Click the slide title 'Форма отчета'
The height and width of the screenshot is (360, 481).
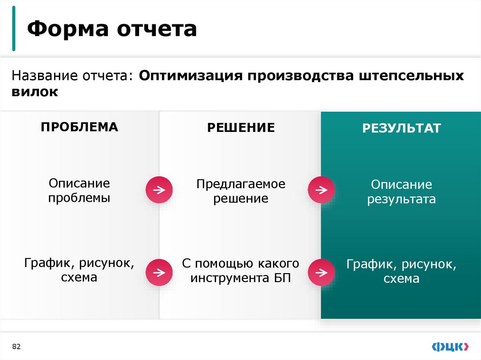pyautogui.click(x=112, y=29)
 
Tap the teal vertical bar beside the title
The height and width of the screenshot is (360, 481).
pyautogui.click(x=14, y=29)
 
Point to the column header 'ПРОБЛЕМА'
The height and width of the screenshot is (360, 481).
pyautogui.click(x=79, y=127)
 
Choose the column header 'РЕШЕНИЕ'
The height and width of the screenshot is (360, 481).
pyautogui.click(x=241, y=128)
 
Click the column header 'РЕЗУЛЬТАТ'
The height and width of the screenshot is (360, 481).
pyautogui.click(x=401, y=128)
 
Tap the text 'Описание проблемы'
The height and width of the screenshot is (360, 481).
pyautogui.click(x=79, y=190)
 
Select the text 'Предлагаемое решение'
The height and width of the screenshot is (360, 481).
pyautogui.click(x=241, y=191)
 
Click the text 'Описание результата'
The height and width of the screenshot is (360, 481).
pyautogui.click(x=401, y=191)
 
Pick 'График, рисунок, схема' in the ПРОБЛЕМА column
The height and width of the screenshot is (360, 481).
pyautogui.click(x=79, y=270)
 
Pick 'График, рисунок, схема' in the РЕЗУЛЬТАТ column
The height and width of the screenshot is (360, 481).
pyautogui.click(x=401, y=271)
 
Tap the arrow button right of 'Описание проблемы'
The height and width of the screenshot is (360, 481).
pyautogui.click(x=159, y=190)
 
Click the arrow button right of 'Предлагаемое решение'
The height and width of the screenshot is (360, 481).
pyautogui.click(x=321, y=190)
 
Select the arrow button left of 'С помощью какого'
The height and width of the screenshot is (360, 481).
pyautogui.click(x=159, y=272)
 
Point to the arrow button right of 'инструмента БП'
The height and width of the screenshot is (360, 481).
pyautogui.click(x=321, y=272)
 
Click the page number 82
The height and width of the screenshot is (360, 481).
pyautogui.click(x=17, y=346)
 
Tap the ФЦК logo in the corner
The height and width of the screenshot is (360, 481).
pyautogui.click(x=450, y=346)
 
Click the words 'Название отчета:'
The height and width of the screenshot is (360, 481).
pyautogui.click(x=73, y=76)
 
